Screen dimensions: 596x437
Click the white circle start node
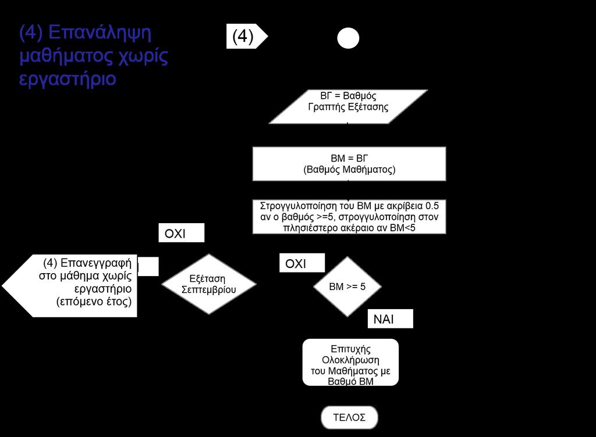348,38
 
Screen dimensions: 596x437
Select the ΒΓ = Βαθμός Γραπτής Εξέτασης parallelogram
348,106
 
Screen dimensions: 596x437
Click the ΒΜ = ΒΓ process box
349,164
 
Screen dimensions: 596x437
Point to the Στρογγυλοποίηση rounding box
349,217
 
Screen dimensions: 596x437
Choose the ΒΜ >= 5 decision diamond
347,286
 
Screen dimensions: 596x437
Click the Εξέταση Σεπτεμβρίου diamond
209,284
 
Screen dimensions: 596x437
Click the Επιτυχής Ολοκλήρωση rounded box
350,362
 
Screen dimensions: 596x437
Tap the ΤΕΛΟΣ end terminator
349,417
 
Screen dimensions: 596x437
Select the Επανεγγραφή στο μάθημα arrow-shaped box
70,286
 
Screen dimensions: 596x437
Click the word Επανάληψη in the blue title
100,33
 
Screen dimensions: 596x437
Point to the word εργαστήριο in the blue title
68,79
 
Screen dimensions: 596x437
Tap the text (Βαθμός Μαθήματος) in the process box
349,169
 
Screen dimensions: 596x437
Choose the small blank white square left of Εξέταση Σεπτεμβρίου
148,266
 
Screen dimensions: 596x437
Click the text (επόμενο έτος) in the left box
94,302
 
